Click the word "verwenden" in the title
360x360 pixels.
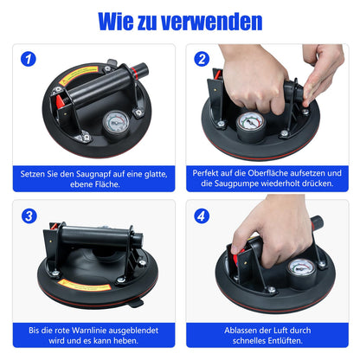click(x=212, y=22)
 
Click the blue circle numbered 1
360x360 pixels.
click(x=29, y=59)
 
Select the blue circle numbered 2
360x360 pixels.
click(x=202, y=59)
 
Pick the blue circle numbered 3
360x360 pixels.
click(x=29, y=215)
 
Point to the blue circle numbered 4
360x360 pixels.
click(x=202, y=215)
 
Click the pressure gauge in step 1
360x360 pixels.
click(x=116, y=123)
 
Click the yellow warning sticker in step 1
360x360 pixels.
click(x=79, y=74)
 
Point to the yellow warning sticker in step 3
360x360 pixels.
click(x=84, y=285)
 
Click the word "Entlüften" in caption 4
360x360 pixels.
click(x=285, y=341)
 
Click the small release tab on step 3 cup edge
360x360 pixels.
click(x=137, y=303)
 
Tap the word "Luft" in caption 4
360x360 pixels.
click(x=281, y=331)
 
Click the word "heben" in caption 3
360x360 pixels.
click(x=125, y=341)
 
